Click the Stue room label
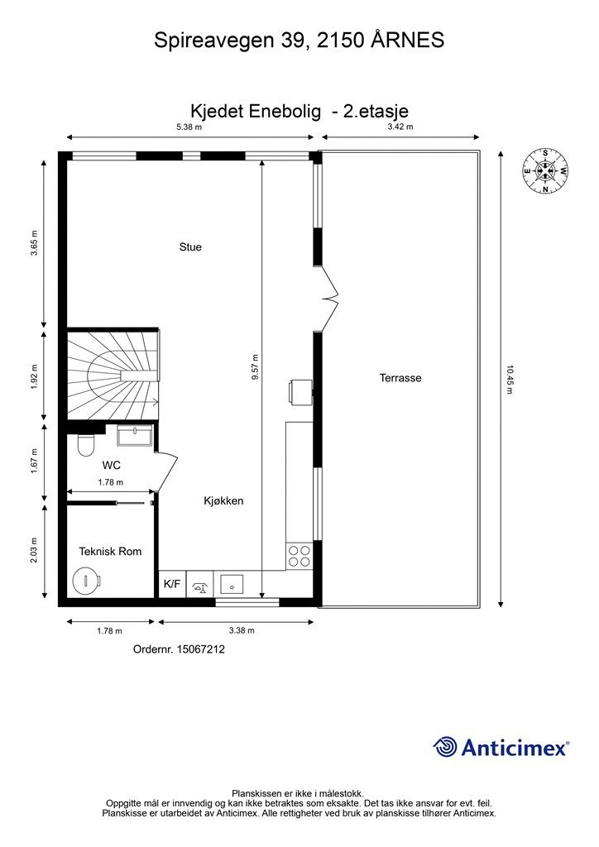[190, 246]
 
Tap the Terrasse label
[400, 378]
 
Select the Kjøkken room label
[223, 501]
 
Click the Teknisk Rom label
[110, 552]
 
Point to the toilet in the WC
[84, 447]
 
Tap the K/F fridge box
[172, 584]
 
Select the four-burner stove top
[299, 557]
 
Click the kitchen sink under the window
[232, 584]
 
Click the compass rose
[545, 170]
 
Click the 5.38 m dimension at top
[188, 127]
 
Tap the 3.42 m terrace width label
[400, 127]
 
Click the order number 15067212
[179, 650]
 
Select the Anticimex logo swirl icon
[446, 747]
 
